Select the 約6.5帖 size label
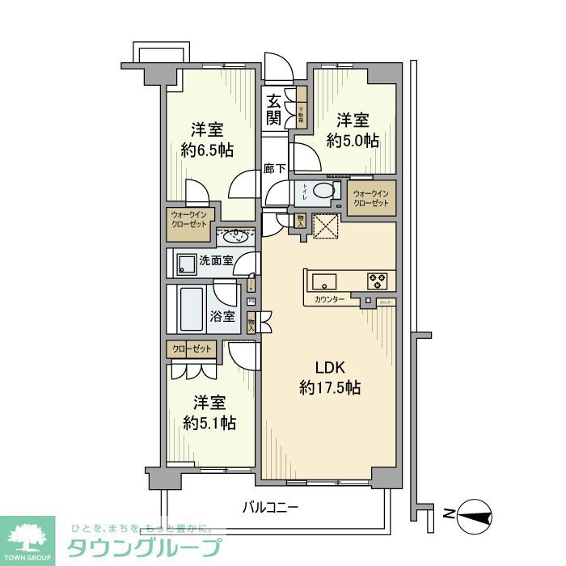tap(207, 150)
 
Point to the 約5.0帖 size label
tap(353, 140)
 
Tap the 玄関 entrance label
tap(274, 112)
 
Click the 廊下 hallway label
tap(275, 169)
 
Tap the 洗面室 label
tap(216, 260)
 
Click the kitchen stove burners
tap(378, 281)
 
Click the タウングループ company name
tap(144, 547)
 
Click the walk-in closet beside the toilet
tap(371, 198)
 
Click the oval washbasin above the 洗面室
tap(235, 236)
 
